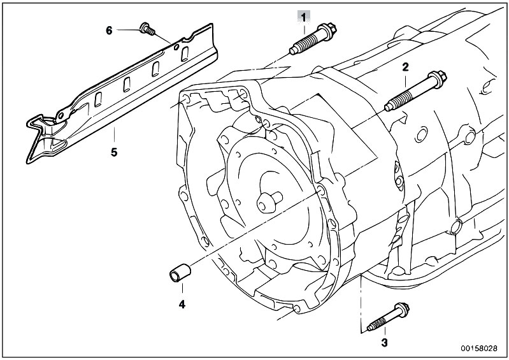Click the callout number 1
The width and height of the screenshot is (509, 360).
[303, 17]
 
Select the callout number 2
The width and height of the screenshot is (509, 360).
[405, 67]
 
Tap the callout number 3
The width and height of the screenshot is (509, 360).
[384, 342]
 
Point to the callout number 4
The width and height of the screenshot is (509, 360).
[182, 304]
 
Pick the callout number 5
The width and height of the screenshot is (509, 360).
[113, 152]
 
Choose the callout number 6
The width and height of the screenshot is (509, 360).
[109, 31]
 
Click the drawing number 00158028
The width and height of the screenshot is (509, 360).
[479, 349]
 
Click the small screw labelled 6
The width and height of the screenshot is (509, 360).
[147, 29]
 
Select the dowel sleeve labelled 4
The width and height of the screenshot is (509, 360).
[179, 273]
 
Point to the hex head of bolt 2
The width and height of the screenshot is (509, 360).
[438, 78]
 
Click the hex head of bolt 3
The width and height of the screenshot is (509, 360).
[401, 310]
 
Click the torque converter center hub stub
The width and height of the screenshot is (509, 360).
[269, 201]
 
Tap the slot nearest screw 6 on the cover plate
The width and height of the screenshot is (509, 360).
[185, 53]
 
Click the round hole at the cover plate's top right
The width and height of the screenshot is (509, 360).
[176, 48]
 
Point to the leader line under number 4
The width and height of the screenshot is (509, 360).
[182, 291]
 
